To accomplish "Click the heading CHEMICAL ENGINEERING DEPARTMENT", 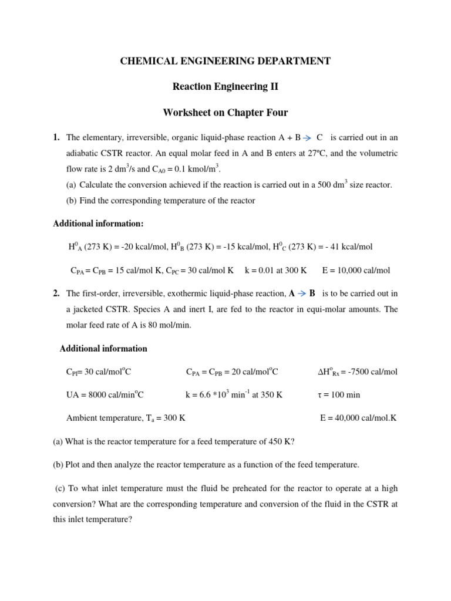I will pos(225,61).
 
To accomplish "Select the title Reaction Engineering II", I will pos(225,87).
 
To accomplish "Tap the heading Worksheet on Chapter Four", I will pos(225,113).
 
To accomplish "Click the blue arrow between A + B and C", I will pos(308,138).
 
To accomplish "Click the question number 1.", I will pos(56,138).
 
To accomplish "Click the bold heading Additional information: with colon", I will pos(98,224).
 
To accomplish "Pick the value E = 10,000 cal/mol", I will pos(356,271).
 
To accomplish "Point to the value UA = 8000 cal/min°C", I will pos(105,395).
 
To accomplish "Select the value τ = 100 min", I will pos(338,395).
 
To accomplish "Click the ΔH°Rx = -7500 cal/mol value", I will pos(357,372).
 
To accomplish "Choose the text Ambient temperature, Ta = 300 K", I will pos(127,418).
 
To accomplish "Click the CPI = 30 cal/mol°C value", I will pos(103,372).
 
